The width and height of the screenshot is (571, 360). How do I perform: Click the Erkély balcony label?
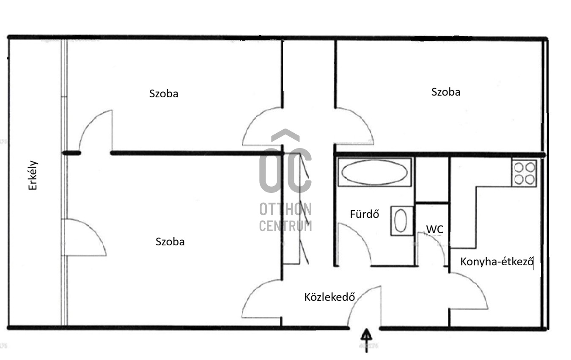pos(33,176)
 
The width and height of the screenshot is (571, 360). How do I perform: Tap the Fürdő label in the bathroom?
pos(365,214)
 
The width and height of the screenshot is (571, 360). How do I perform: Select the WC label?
pos(435,229)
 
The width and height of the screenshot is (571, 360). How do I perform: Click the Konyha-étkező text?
pos(497,262)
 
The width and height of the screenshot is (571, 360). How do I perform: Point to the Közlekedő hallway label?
pos(329,297)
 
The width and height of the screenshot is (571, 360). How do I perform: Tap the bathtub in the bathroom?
pos(375,172)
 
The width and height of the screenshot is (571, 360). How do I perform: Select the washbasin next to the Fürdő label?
pos(402,221)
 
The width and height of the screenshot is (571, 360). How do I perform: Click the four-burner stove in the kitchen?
pos(524,173)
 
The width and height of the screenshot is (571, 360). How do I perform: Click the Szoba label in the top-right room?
pos(446,92)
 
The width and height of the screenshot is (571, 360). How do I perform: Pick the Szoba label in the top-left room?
pos(164,93)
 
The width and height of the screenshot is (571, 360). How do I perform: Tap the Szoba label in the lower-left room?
pos(170,242)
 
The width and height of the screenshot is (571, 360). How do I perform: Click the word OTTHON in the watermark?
pos(285,209)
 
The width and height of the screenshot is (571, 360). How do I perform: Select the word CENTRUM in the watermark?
pos(285,226)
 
